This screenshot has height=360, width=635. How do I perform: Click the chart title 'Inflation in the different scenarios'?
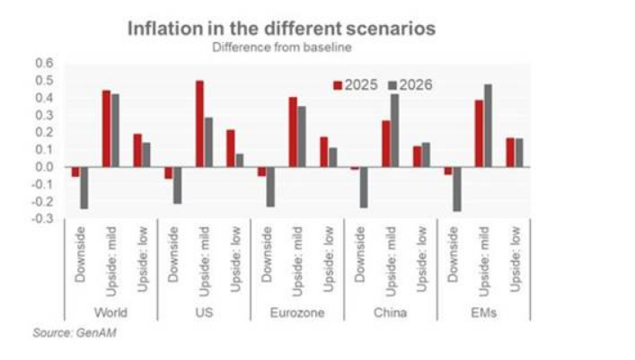click(281, 28)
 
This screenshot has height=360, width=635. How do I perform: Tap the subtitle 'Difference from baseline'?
click(280, 48)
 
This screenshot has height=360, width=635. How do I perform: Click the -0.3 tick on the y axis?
click(44, 218)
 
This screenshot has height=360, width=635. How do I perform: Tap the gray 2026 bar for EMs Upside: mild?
click(488, 126)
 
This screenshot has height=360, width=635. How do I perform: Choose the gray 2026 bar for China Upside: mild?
click(394, 130)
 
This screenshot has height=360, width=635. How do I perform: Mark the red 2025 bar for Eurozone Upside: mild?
click(293, 132)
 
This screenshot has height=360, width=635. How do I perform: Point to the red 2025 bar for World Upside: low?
click(137, 150)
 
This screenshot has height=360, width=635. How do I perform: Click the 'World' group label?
click(110, 313)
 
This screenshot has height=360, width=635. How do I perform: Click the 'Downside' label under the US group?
click(172, 259)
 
